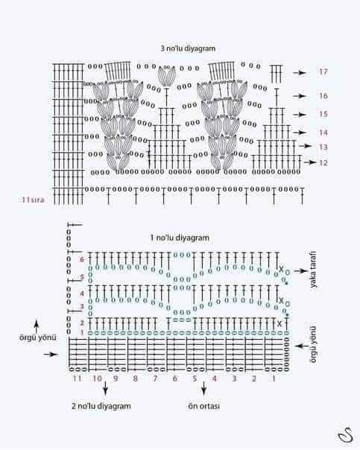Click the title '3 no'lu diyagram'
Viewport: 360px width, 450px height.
[188, 48]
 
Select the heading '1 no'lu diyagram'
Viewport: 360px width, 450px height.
[180, 238]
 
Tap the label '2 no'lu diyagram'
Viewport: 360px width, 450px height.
[101, 406]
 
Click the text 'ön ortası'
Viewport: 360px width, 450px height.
[203, 406]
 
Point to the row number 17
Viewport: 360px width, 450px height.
[323, 72]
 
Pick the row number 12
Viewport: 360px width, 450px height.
[323, 162]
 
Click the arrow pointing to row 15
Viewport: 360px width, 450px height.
[300, 115]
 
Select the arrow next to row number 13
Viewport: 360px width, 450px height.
[305, 146]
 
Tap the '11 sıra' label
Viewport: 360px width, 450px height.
[33, 200]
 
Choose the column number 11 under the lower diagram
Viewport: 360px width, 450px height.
[77, 378]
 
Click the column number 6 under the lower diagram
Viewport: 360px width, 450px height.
[175, 378]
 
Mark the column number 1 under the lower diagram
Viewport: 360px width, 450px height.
[274, 378]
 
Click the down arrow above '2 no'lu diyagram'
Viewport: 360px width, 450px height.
[105, 389]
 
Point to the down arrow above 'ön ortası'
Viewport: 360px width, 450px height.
[203, 389]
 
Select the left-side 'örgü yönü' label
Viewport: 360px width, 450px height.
[38, 337]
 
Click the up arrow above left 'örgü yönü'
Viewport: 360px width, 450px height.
[37, 326]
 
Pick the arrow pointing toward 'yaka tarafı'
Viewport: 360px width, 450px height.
[300, 271]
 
